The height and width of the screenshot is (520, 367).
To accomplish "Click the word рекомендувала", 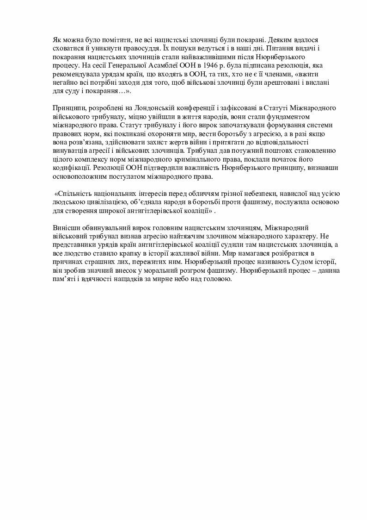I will coord(72,73).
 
